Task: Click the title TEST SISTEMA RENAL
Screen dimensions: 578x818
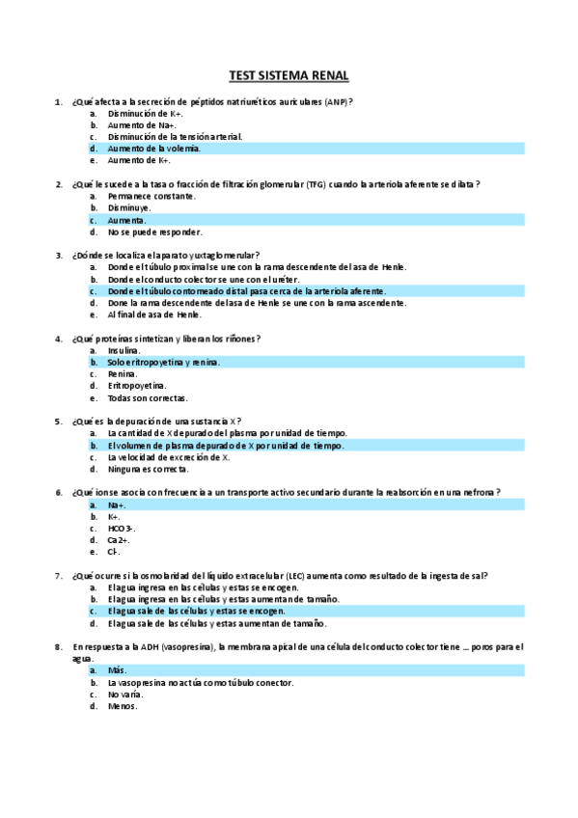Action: tap(289, 74)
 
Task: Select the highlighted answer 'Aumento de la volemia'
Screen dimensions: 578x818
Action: tap(154, 149)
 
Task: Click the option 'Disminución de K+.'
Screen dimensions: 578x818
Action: tap(146, 113)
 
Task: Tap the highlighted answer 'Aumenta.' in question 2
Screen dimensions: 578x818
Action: tap(127, 220)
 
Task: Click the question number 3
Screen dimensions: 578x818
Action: tap(59, 256)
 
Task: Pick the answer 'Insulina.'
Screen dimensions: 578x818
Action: tap(124, 350)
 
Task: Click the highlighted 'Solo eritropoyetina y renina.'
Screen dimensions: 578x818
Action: tap(164, 362)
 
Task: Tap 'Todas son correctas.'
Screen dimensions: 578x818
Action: tap(148, 397)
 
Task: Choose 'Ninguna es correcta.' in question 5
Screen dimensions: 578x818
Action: tap(148, 469)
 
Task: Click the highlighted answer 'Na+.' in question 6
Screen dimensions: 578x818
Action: tap(117, 504)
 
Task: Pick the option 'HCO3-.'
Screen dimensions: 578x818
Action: tap(122, 529)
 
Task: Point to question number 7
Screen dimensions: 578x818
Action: tap(59, 576)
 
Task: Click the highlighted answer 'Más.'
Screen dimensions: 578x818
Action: tap(118, 670)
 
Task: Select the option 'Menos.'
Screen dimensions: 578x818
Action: tap(123, 706)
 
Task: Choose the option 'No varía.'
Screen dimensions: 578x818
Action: tap(125, 695)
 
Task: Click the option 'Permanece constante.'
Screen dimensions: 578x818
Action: tap(151, 196)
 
